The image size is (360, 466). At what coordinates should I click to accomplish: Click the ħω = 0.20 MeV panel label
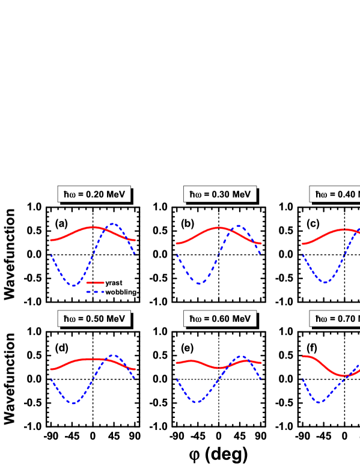(x=94, y=194)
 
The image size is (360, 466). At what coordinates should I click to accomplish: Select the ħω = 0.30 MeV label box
(x=220, y=194)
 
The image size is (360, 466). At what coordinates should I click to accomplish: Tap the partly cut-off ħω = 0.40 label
(x=335, y=194)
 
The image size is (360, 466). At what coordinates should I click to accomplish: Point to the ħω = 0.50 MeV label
(x=94, y=318)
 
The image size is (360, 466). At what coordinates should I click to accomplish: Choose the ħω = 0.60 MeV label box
(x=220, y=318)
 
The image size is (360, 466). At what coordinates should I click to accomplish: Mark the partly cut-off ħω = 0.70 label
(x=335, y=318)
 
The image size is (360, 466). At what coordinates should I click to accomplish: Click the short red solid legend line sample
(x=95, y=282)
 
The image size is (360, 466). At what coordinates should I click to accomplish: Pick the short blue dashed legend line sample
(x=95, y=292)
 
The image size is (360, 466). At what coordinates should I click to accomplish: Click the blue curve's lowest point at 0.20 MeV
(x=73, y=285)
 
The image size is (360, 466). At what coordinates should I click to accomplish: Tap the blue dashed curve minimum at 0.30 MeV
(x=200, y=283)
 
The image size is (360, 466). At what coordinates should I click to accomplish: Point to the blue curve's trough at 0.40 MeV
(x=325, y=282)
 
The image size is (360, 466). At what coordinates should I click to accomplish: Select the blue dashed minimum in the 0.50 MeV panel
(x=73, y=403)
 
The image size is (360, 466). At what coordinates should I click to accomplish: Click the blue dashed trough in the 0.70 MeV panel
(x=319, y=402)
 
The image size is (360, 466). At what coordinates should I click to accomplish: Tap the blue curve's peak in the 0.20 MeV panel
(x=114, y=225)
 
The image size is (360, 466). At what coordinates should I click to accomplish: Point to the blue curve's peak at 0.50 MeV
(x=114, y=356)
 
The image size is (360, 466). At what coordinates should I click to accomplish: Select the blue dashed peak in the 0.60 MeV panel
(x=242, y=356)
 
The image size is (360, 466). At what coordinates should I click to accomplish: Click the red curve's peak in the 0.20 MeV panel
(x=94, y=227)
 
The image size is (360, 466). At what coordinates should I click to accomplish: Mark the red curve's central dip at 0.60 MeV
(x=220, y=368)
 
